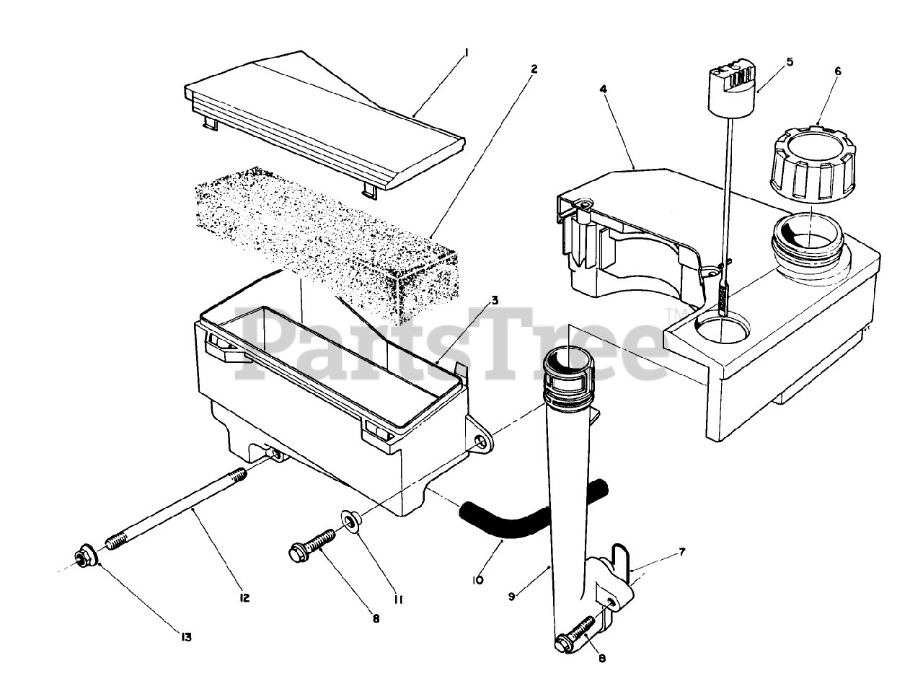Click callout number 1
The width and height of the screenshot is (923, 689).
(467, 53)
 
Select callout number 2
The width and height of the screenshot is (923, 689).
(534, 69)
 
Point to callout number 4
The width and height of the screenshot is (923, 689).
(603, 89)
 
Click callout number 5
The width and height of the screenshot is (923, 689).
(790, 62)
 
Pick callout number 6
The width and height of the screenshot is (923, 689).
(838, 71)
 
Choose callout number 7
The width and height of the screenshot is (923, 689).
(681, 552)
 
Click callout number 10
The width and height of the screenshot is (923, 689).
(478, 579)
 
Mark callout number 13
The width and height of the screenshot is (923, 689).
(186, 636)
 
